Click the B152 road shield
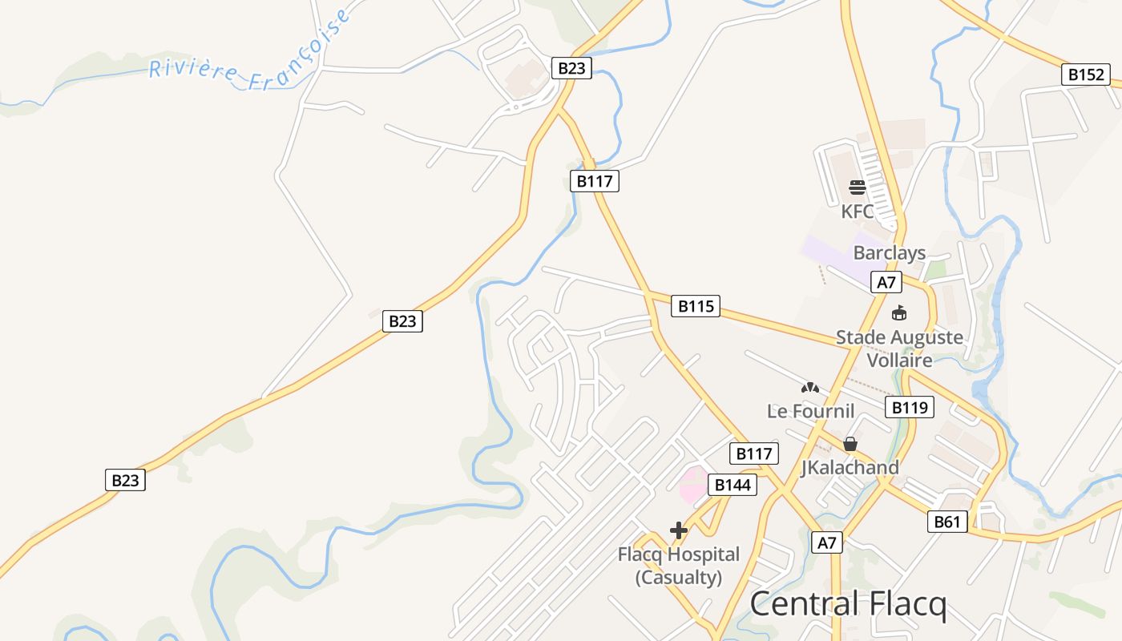[1086, 75]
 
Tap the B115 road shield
[695, 305]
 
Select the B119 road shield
[910, 407]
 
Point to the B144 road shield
[733, 484]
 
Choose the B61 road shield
[946, 522]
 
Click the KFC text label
[858, 212]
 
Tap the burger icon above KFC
[858, 187]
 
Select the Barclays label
[889, 253]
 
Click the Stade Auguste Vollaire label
[900, 348]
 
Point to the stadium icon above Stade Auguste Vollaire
[898, 313]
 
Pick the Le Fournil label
[810, 411]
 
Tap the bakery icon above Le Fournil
[809, 388]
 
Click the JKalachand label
[850, 467]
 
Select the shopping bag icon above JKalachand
[850, 443]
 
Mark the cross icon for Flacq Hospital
[679, 530]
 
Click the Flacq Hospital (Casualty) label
[679, 565]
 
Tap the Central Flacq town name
[848, 603]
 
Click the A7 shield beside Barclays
[886, 282]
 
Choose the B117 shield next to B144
[754, 454]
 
